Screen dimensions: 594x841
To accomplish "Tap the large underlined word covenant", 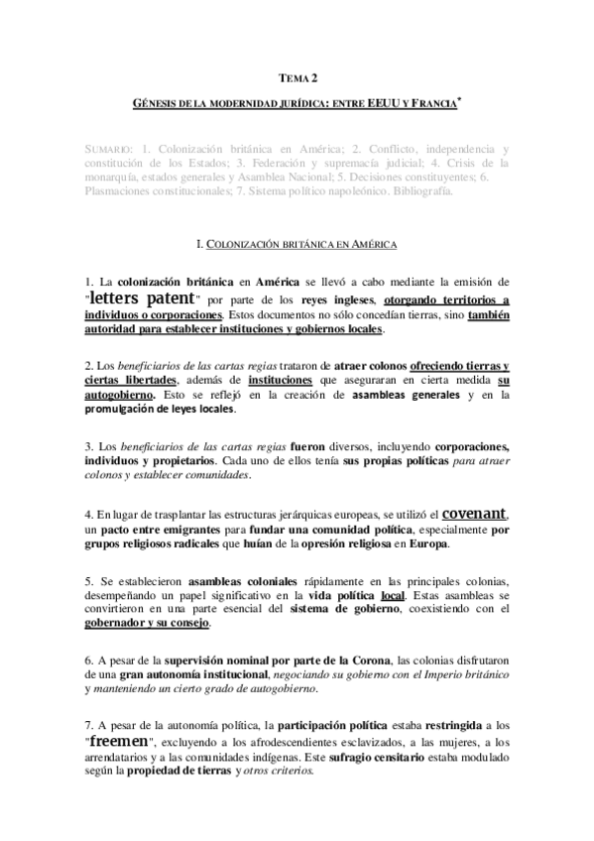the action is pos(474,514).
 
